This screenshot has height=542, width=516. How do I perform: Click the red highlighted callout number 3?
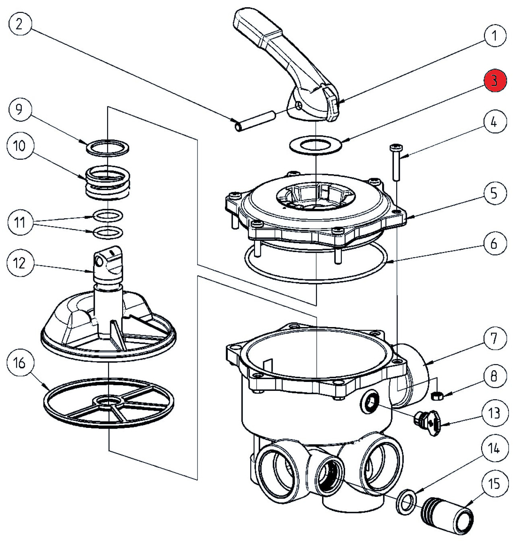tap(494, 81)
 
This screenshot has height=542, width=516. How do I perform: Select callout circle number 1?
tap(494, 36)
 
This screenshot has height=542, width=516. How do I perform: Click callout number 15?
tap(494, 484)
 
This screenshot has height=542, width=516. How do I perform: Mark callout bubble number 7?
tap(494, 339)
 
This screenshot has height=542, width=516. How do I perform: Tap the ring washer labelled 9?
tap(108, 147)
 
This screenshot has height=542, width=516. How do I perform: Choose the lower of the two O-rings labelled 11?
tap(108, 233)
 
